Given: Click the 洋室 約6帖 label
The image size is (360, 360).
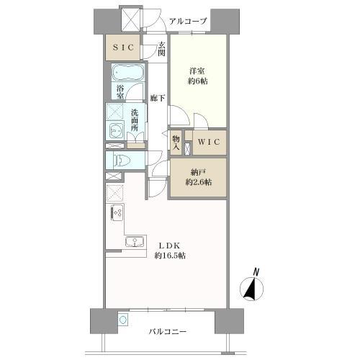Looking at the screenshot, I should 198,76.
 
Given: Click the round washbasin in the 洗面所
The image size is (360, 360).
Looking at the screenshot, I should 117,130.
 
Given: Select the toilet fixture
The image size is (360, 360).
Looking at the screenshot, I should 121,161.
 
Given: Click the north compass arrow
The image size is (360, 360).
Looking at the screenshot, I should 251,288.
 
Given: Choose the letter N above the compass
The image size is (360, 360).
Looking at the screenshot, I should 256,271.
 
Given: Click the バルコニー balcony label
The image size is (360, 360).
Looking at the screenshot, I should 168,333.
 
